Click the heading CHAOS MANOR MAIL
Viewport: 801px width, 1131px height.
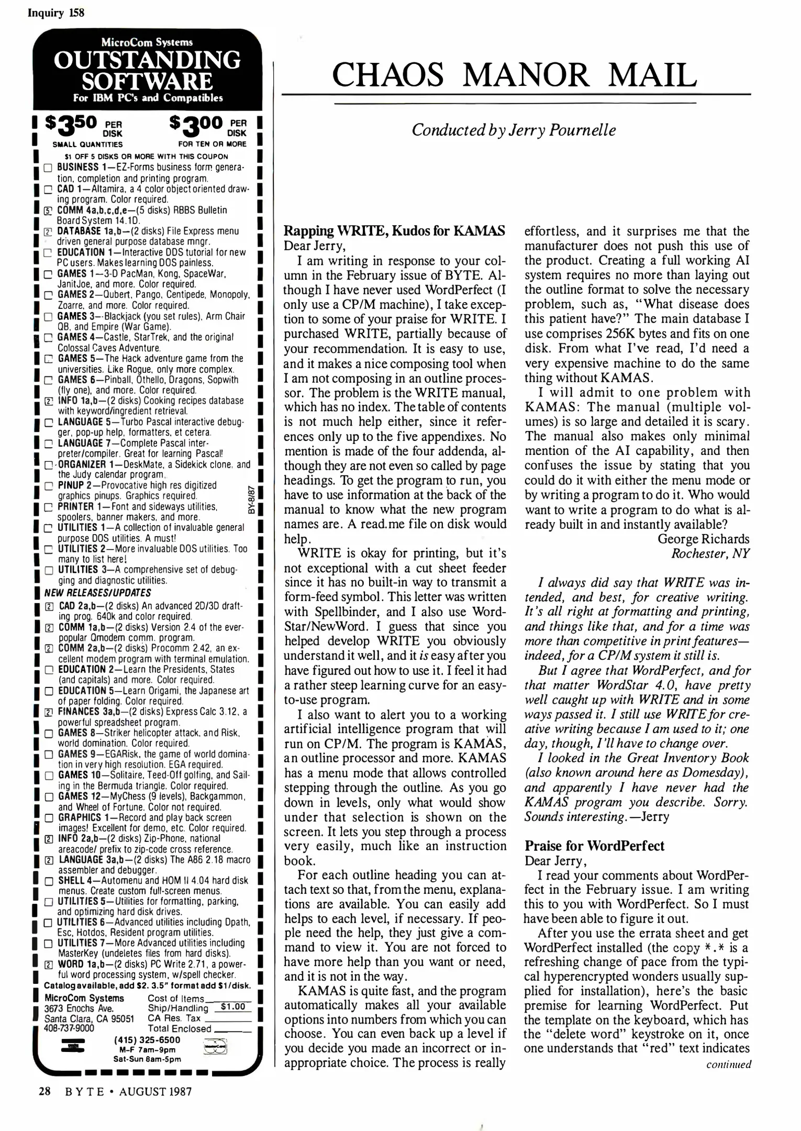515,75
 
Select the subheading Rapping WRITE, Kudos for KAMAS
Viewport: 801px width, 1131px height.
394,231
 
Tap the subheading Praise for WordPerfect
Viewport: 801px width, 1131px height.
594,846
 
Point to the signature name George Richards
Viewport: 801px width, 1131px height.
703,539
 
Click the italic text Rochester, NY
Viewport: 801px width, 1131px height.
710,553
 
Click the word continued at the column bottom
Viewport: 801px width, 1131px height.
728,1064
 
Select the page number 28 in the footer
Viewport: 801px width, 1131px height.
44,1091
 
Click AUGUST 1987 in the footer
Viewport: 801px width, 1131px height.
155,1091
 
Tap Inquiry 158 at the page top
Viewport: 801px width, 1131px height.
55,13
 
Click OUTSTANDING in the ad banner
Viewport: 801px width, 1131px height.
147,61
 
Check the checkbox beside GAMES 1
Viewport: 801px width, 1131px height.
48,274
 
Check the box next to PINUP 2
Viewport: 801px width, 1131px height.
48,486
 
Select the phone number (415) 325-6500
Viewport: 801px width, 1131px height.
147,1040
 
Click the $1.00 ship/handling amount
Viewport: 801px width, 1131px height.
233,1006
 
